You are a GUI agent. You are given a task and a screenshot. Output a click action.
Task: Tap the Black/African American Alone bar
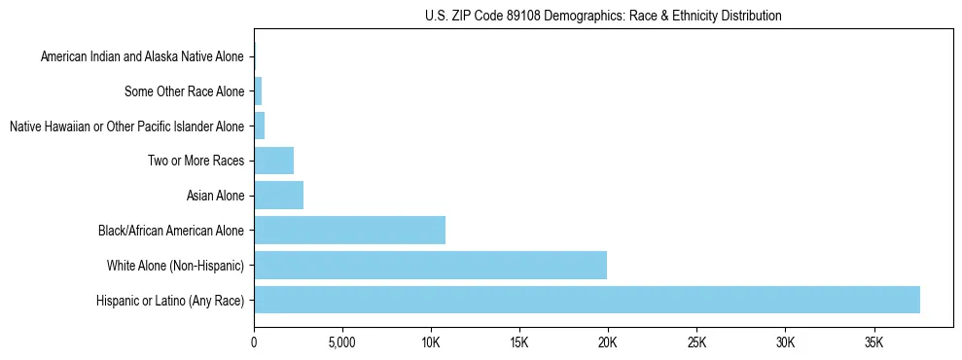point(349,231)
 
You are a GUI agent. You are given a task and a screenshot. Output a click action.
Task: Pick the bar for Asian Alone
point(278,196)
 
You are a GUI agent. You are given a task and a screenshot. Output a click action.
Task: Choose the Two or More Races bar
point(273,161)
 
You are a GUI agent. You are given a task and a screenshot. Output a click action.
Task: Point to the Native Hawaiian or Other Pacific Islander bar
point(259,126)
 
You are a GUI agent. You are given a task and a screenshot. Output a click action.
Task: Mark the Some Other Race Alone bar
point(258,91)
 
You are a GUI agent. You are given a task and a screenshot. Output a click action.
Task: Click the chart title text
point(603,16)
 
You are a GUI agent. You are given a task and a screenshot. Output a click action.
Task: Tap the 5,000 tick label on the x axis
point(342,343)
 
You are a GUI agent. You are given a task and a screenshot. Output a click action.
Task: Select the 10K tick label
point(431,343)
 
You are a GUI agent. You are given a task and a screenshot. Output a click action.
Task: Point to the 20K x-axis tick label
point(608,343)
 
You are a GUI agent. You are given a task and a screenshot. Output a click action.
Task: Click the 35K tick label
point(873,343)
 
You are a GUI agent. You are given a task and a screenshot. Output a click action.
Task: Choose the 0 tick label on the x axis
point(254,343)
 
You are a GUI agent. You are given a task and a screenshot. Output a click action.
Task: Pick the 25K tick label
point(696,343)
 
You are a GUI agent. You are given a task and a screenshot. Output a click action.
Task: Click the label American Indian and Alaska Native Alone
point(142,57)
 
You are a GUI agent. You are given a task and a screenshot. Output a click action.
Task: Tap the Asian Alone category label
point(215,196)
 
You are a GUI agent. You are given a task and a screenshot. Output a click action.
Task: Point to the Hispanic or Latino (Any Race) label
point(170,300)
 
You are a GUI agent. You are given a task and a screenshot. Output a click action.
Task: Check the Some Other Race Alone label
point(185,91)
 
